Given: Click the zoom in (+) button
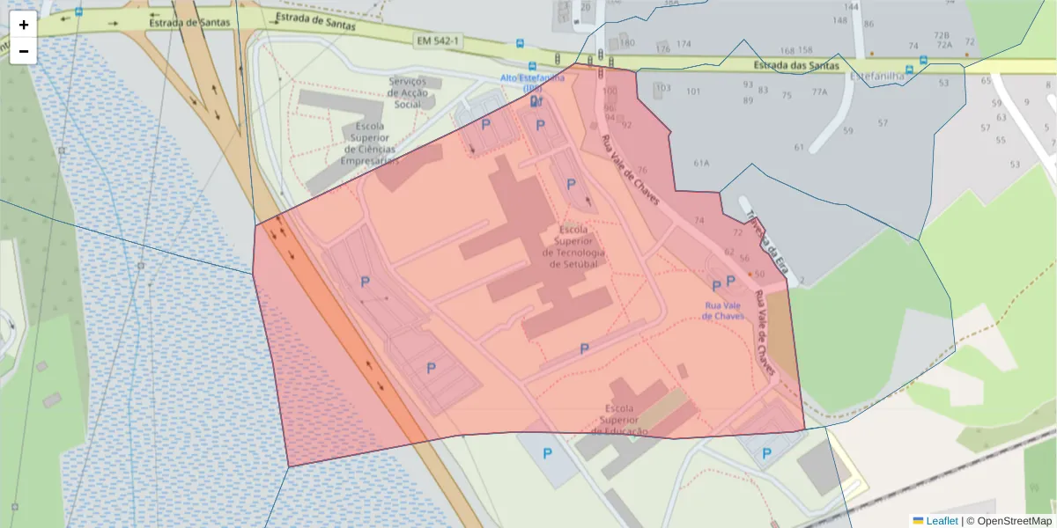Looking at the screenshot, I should tap(24, 25).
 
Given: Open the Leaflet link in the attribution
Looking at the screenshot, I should tap(942, 521).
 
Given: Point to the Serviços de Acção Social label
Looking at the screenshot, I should tap(408, 92).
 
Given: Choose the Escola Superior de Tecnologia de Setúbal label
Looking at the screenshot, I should tap(573, 246).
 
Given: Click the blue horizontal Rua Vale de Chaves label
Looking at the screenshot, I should tap(723, 311).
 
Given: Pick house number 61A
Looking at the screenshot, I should tap(701, 163).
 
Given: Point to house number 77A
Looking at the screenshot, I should tap(819, 92).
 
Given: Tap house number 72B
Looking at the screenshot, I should tap(942, 35).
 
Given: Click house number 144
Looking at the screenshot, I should tap(851, 6).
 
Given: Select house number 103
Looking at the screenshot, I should tap(663, 88).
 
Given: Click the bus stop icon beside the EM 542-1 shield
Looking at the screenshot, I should tap(520, 43).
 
